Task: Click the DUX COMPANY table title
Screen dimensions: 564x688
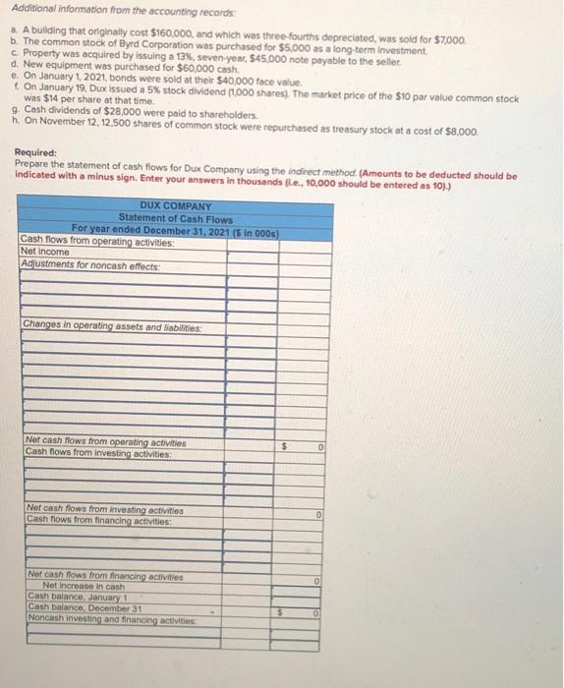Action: point(175,206)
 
